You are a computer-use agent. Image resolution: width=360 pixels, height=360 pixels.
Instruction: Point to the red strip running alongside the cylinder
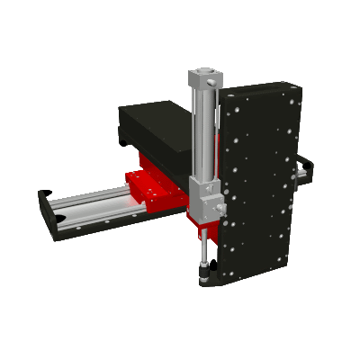click(x=217, y=135)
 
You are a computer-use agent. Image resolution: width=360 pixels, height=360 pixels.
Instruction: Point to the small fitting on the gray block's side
click(x=219, y=209)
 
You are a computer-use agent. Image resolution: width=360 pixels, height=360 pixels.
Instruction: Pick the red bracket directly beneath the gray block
click(x=193, y=220)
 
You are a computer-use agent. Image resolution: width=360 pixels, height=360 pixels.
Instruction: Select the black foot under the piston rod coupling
click(x=205, y=278)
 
